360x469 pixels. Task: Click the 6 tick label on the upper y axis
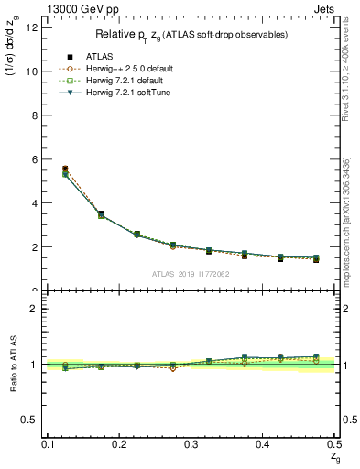click(34, 158)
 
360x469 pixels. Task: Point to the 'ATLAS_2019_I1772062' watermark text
click(191, 274)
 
